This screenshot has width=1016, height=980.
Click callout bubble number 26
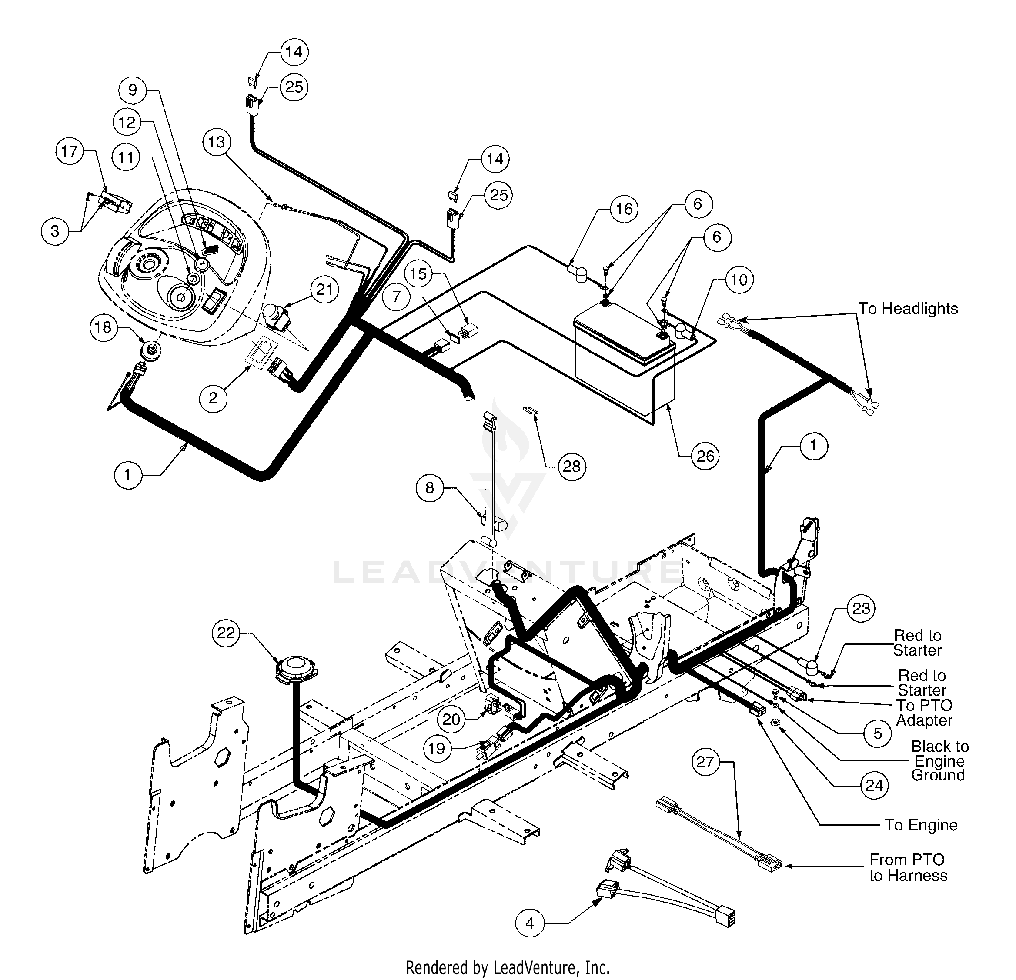[x=705, y=457]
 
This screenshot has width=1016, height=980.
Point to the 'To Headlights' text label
[x=908, y=308]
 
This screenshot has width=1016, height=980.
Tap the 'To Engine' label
[x=921, y=825]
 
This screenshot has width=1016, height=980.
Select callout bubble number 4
[x=529, y=923]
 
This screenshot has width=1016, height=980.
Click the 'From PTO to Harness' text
[x=908, y=867]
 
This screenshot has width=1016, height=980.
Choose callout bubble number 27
[x=705, y=762]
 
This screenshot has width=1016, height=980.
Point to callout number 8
[x=430, y=488]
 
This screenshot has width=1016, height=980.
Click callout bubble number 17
[x=70, y=151]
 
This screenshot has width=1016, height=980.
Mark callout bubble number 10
[x=739, y=280]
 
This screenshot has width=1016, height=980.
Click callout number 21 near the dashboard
[x=324, y=289]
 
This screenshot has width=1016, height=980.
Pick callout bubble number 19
[x=437, y=748]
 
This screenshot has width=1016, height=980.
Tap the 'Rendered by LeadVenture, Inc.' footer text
[x=508, y=967]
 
